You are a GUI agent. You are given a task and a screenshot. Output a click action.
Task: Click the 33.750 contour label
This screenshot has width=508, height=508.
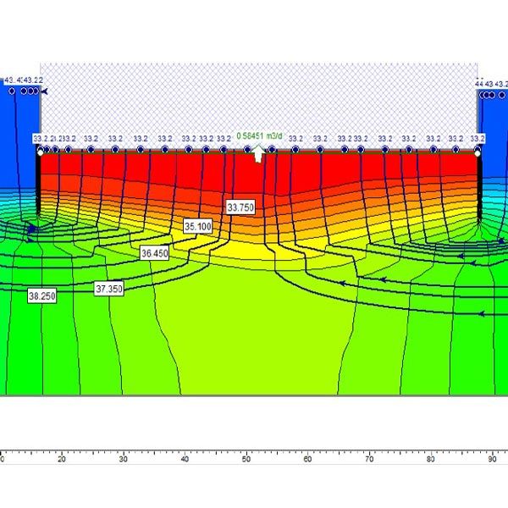point(240,207)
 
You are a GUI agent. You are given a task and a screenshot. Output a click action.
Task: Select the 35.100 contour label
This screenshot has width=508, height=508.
point(197,227)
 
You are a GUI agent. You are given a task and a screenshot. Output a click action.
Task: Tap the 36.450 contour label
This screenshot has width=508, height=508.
point(155,253)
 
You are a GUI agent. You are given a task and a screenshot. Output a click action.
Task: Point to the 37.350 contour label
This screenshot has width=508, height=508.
point(109,289)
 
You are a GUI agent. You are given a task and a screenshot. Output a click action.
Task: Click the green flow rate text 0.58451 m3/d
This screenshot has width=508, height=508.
point(259,135)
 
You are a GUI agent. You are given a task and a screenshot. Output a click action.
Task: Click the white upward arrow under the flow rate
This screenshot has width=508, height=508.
point(259,152)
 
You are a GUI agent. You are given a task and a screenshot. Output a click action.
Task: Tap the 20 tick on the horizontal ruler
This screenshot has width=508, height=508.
point(61,454)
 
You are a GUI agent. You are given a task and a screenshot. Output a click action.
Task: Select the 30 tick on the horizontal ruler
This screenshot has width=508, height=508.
point(123,454)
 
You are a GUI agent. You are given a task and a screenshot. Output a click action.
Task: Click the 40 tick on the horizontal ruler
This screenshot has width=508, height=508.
point(185,454)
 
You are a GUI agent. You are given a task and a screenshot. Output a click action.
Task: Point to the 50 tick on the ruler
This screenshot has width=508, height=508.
point(246,454)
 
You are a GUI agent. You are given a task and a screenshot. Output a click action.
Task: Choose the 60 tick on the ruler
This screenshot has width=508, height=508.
point(307,454)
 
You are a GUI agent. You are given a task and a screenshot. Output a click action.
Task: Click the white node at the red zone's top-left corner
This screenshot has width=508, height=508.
point(40,153)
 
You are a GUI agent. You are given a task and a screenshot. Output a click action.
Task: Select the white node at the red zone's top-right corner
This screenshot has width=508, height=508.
point(478,153)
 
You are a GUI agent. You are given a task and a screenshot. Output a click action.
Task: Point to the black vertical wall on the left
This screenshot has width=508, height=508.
point(39,186)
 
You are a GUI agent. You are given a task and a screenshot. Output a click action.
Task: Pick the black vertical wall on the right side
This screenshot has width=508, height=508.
point(478,186)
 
